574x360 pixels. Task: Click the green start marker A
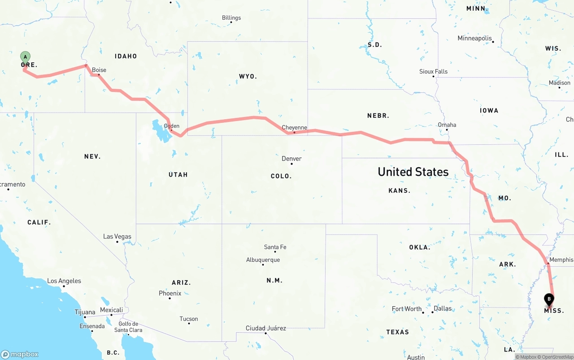coord(26,57)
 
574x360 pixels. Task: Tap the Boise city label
coord(99,70)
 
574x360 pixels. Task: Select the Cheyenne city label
coord(295,127)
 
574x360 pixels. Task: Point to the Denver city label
coord(291,159)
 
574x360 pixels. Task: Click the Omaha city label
coord(447,125)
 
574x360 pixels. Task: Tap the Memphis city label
coord(561,260)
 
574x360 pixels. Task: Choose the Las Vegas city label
coord(117,236)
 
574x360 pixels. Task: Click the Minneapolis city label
coord(474,38)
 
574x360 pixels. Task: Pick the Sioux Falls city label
coord(433,71)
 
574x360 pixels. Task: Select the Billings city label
coord(231,18)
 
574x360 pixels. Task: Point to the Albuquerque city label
coord(263,260)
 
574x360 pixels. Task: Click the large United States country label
coord(413,172)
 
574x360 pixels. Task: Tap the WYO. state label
coord(248,77)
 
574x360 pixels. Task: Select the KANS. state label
coord(399,191)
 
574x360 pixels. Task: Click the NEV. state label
coord(92,156)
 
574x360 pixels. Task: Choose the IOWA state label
coord(489,110)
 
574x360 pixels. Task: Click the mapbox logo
coord(20,354)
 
